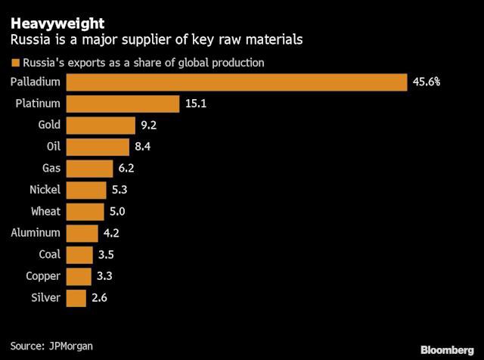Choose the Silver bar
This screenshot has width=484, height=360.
point(76,299)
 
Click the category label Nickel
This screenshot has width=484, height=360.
point(45,190)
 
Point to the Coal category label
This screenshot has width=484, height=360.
point(50,255)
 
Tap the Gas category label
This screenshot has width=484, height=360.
point(52,168)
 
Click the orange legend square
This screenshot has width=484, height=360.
point(14,62)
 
